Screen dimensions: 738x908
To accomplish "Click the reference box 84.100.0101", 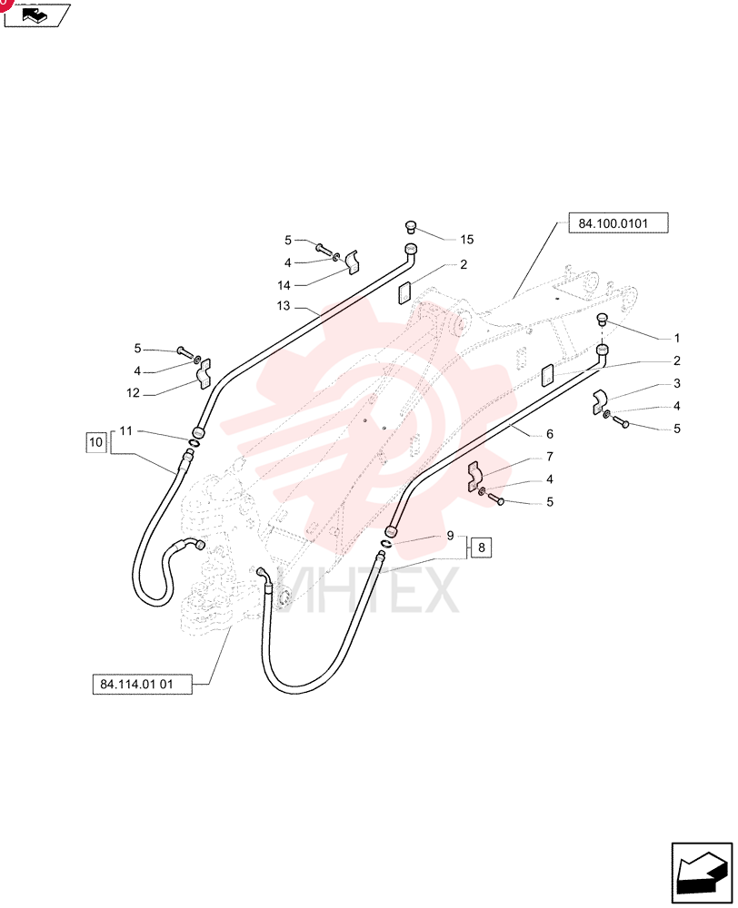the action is coord(618,223).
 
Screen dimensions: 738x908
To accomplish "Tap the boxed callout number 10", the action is coord(95,442).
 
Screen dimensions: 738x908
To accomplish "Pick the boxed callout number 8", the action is coord(481,548).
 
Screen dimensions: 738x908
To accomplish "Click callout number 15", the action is coord(466,239).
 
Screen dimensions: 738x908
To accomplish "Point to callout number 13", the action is coord(284,306).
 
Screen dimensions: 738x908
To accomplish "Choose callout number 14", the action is coord(284,285).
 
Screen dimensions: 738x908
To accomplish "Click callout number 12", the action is coord(134,393).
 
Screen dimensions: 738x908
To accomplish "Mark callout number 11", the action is coord(125,430).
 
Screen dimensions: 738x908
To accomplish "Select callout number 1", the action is coord(676,338).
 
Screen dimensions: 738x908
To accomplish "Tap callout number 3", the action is coord(676,383).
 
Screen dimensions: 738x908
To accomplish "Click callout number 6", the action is coord(550,434).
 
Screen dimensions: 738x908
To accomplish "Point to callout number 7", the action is coord(550,457).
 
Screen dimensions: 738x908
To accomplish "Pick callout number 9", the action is coord(451,536).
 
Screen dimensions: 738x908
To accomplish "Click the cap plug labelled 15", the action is coord(411,226).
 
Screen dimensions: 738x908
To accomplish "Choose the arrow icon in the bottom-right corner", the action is coord(701,873).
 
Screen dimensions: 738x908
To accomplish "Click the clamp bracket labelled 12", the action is coord(204,374).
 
